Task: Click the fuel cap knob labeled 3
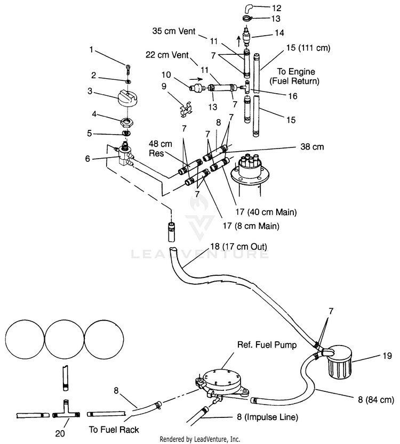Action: pyautogui.click(x=127, y=98)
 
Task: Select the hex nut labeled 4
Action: pyautogui.click(x=127, y=122)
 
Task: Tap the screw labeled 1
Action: pyautogui.click(x=128, y=69)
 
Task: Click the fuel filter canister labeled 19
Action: pyautogui.click(x=339, y=362)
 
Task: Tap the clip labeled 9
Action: pyautogui.click(x=185, y=109)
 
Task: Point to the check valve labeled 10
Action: pyautogui.click(x=197, y=87)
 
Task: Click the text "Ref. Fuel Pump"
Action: pyautogui.click(x=267, y=345)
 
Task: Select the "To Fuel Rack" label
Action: pyautogui.click(x=114, y=430)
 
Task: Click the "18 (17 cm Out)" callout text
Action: pyautogui.click(x=238, y=246)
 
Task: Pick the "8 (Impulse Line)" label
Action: pyautogui.click(x=268, y=417)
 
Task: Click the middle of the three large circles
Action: pyautogui.click(x=65, y=339)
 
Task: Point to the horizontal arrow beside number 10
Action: pyautogui.click(x=196, y=79)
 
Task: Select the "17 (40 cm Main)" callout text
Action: pyautogui.click(x=266, y=212)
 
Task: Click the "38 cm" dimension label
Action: pyautogui.click(x=312, y=147)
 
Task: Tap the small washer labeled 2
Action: pyautogui.click(x=128, y=81)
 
